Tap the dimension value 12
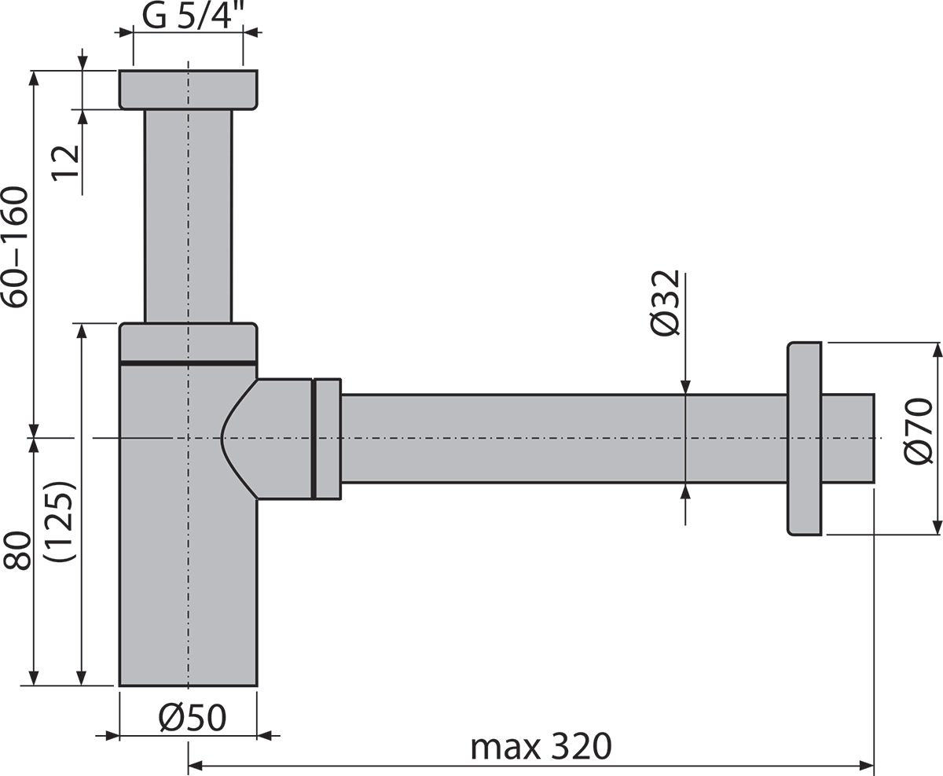[66, 163]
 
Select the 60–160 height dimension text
[16, 248]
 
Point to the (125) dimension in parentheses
[60, 521]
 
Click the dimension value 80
[17, 551]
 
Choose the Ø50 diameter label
[193, 718]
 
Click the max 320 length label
[541, 745]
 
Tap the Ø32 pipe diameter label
[665, 303]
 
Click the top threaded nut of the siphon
[189, 90]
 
